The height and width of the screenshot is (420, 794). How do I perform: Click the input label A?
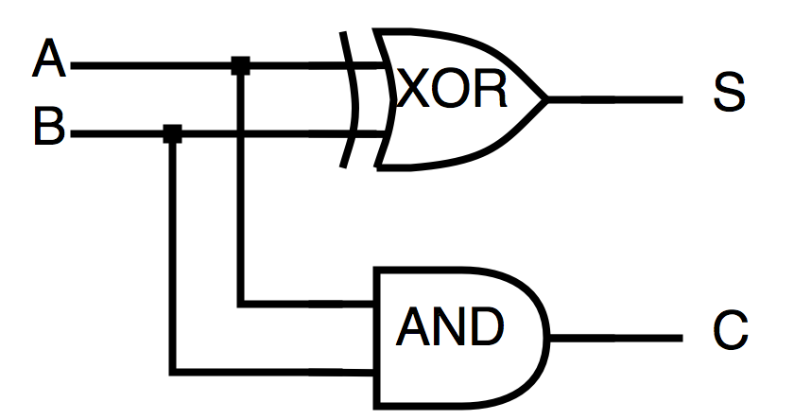coord(49,63)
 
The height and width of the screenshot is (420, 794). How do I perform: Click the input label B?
coord(49,128)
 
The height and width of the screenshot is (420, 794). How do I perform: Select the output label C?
coord(729,332)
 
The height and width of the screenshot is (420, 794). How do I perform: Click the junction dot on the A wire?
coord(241,65)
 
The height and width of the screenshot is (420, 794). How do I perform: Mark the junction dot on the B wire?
coord(172,133)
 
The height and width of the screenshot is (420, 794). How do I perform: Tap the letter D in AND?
coord(486,327)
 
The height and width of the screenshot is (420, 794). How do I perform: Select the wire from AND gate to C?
coord(614,338)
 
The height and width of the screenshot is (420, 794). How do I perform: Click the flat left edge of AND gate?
coord(377,338)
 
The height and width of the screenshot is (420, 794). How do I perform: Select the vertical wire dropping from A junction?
coord(242,189)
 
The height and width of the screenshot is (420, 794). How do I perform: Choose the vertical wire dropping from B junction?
coord(172,255)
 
